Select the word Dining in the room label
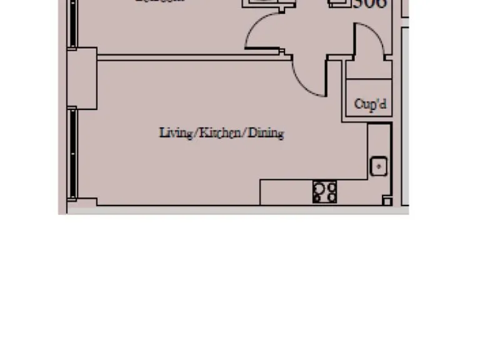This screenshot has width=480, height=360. coord(267,133)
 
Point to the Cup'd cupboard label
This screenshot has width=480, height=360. coord(369,104)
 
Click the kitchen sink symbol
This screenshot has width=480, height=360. coord(379,166)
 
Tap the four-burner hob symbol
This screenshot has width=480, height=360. coord(325,192)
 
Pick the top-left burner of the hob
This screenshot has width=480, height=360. coord(319,186)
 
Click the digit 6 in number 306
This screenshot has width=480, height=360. coord(380,4)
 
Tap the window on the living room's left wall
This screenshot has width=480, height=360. coord(73,154)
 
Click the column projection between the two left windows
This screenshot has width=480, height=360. coord(82,78)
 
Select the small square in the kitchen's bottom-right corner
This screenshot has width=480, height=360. coord(387,201)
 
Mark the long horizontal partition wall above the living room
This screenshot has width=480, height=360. coord(194,57)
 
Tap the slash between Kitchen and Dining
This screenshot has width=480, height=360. coord(246,133)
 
